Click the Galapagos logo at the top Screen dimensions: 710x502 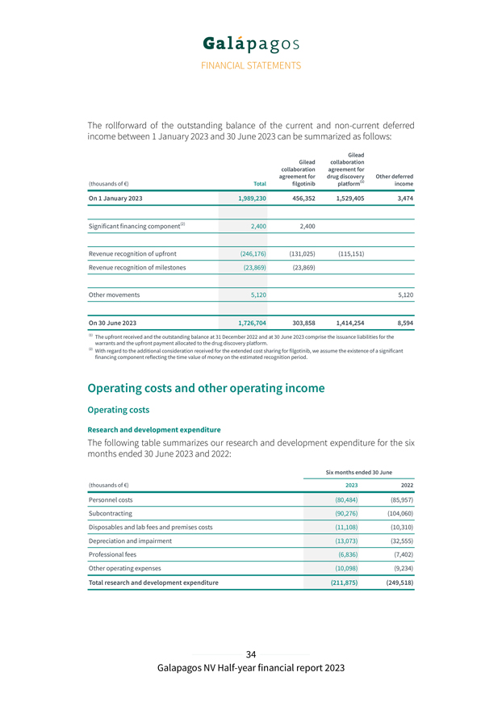[251, 43]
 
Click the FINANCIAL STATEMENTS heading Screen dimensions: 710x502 [251, 65]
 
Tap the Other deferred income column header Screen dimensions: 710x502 [395, 180]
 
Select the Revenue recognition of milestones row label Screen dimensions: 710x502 [137, 267]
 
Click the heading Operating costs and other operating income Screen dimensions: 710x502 [206, 388]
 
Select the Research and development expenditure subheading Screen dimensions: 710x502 [153, 429]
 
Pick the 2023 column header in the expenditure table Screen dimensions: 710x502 [352, 485]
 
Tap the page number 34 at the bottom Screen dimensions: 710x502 [251, 654]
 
